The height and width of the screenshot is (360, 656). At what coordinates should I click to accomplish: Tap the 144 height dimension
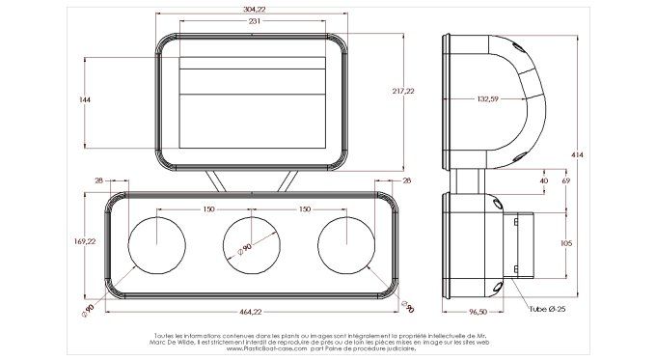click(85, 100)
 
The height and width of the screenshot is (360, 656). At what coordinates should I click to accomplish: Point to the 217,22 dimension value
click(403, 91)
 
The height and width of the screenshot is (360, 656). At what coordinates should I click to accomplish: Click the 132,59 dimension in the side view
click(487, 98)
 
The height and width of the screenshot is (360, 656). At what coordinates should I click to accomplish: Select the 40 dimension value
click(543, 180)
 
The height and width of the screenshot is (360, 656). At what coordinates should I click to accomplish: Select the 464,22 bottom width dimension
click(250, 312)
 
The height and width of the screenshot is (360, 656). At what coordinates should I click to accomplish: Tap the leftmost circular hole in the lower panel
click(155, 243)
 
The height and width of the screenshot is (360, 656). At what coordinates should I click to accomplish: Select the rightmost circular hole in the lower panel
click(344, 243)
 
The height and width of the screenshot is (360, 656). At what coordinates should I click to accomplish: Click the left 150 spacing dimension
click(207, 208)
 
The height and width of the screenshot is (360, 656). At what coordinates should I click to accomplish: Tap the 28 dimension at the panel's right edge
click(406, 180)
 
